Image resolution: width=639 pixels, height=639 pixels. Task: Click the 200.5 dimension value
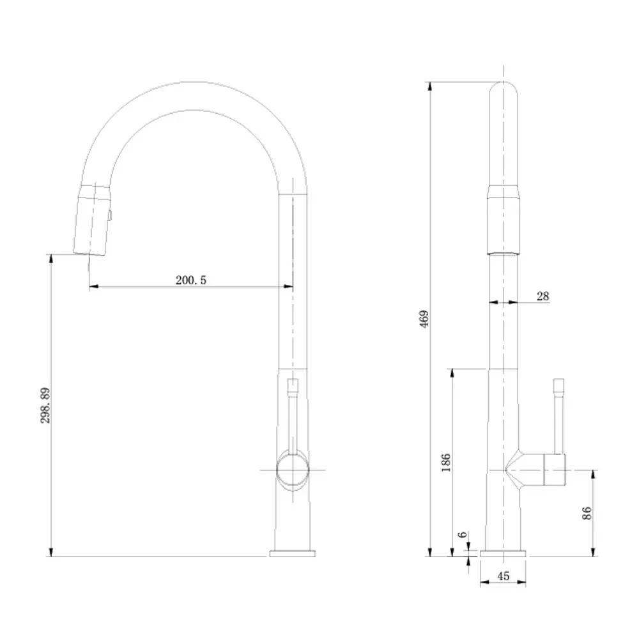[190, 280]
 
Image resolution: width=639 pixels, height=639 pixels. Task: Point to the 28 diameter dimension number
[543, 295]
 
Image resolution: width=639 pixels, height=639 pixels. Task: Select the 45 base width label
[503, 576]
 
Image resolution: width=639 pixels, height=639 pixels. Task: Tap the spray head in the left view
[91, 219]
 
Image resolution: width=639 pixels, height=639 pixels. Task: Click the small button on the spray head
[110, 216]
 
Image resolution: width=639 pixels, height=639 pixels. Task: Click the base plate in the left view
[293, 553]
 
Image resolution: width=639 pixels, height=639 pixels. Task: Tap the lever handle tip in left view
[293, 385]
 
